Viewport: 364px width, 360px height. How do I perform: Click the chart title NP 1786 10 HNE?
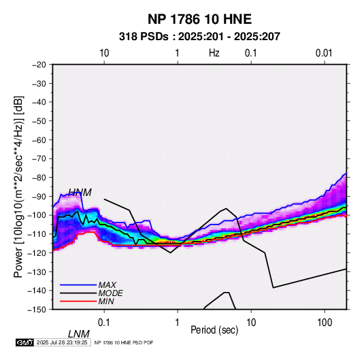point(199,19)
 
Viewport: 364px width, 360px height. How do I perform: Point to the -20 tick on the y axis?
point(39,65)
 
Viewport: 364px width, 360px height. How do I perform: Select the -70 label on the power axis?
point(39,159)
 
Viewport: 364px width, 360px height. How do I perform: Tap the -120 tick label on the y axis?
point(37,252)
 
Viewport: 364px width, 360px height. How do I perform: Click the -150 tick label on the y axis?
point(37,310)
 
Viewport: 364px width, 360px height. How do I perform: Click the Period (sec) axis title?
point(214,330)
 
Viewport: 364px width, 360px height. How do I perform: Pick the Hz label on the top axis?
point(214,53)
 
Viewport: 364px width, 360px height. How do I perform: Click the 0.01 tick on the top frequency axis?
point(324,53)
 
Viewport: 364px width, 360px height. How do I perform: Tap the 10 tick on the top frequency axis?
point(104,53)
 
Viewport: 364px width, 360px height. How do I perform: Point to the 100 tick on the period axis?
point(325,323)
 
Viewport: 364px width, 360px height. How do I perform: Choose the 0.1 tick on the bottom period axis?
point(104,323)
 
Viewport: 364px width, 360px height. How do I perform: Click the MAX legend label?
point(107,284)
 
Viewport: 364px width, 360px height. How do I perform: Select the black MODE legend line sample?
point(78,293)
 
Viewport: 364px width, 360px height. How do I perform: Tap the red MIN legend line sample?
point(78,301)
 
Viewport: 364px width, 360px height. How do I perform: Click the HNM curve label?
point(80,193)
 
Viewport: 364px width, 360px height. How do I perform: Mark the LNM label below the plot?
point(79,334)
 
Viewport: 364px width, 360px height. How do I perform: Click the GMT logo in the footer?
point(24,342)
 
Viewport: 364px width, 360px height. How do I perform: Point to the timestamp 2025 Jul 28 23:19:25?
point(62,342)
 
